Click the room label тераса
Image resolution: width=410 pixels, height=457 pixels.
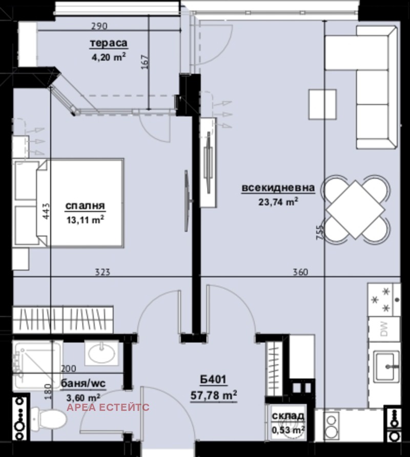coord(108,44)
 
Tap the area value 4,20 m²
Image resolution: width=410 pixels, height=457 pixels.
coord(108,57)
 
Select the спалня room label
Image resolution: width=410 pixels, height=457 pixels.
coord(85,206)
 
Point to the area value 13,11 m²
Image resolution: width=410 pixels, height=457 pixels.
coord(85,219)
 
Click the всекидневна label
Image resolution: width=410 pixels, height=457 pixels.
coord(277,189)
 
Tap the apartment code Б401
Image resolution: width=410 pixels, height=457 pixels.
coord(214,380)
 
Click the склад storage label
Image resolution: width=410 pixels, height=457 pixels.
coord(288,416)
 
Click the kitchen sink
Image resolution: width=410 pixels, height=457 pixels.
coord(385,366)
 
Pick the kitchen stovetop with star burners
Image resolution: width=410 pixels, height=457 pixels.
coord(384,299)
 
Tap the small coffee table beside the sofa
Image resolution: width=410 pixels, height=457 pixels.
coord(323,104)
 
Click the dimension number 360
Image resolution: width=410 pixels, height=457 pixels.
coord(300,272)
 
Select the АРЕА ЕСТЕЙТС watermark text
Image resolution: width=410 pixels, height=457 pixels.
coord(109,407)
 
